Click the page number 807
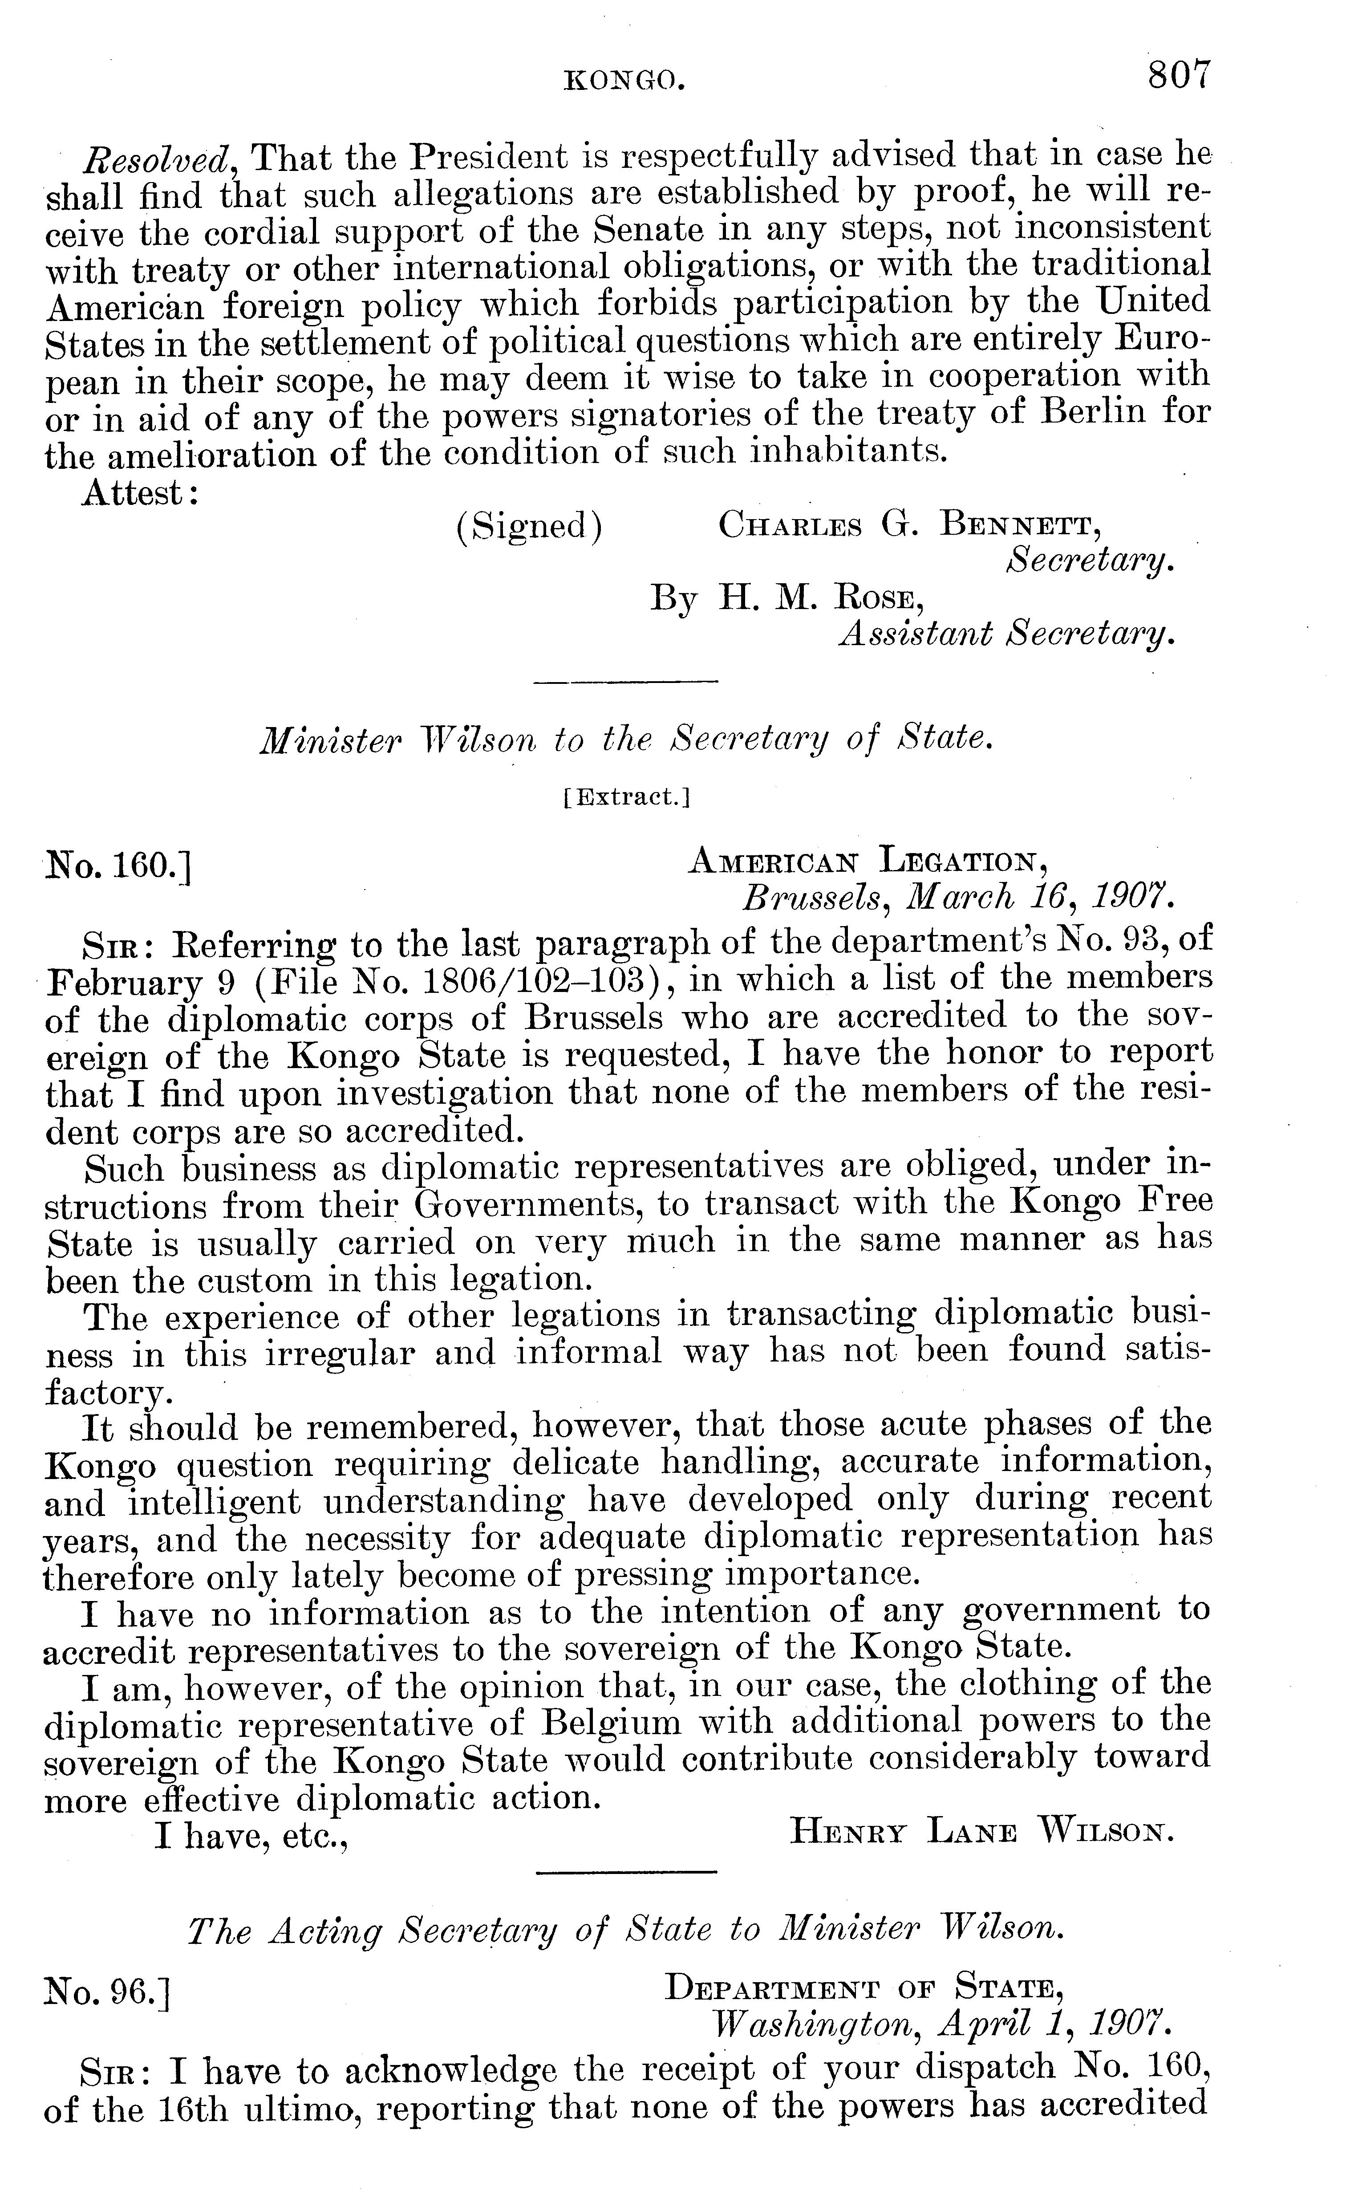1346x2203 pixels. pyautogui.click(x=1179, y=74)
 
